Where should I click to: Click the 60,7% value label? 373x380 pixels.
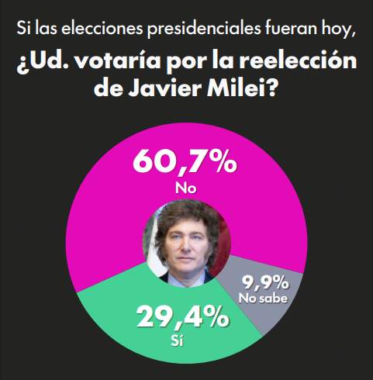point(184,161)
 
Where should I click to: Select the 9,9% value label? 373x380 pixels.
point(265,281)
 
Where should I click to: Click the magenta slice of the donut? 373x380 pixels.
point(93,194)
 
